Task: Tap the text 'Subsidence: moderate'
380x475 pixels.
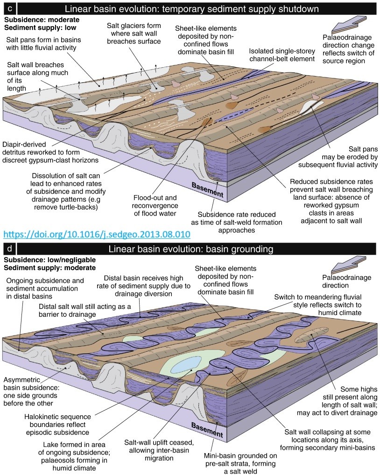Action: click(x=42, y=20)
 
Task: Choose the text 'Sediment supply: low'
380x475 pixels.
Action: click(x=39, y=28)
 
